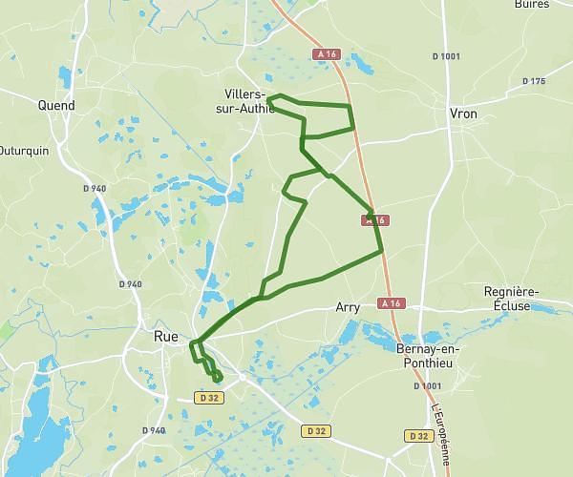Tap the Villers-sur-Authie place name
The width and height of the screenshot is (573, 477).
click(x=246, y=100)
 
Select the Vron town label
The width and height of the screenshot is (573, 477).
click(x=462, y=114)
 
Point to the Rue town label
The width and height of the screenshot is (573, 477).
click(x=165, y=336)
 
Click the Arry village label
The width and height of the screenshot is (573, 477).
click(x=348, y=308)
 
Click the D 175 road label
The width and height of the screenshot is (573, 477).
click(x=532, y=81)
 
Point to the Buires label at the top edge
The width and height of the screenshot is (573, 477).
click(x=531, y=5)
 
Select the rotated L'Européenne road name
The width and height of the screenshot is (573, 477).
click(x=441, y=428)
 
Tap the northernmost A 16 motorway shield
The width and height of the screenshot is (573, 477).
click(x=327, y=54)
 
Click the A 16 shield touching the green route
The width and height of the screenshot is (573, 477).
click(x=374, y=220)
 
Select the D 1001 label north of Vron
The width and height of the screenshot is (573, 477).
click(x=446, y=56)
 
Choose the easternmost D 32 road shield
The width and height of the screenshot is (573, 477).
click(x=417, y=435)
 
